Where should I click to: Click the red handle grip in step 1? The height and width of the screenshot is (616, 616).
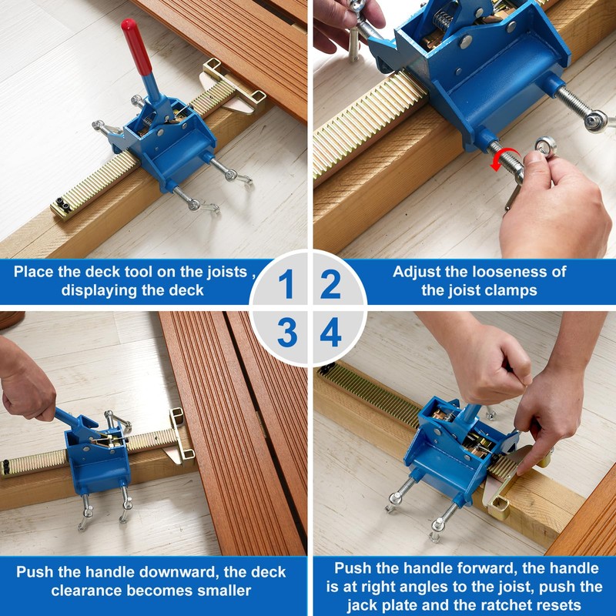136,46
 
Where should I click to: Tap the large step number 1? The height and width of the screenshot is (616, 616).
286,283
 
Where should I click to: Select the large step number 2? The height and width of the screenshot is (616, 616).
331,283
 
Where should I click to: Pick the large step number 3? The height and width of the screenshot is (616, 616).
287,333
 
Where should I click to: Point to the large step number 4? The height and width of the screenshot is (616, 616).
331,333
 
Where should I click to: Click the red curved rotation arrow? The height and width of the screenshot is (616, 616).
504,159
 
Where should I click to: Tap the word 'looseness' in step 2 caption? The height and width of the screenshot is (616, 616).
507,272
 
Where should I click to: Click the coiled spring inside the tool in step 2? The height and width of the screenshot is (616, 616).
443,21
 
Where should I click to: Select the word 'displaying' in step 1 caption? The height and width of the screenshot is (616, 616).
97,290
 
